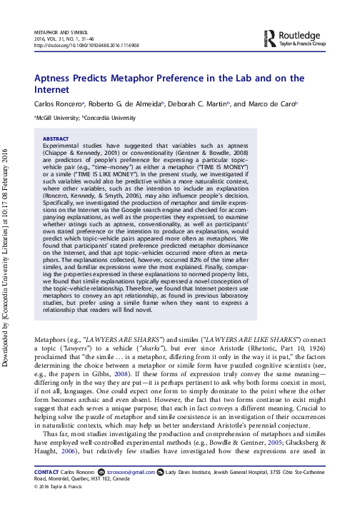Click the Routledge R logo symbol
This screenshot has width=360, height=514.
point(269,38)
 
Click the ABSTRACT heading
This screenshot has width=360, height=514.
point(56,138)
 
